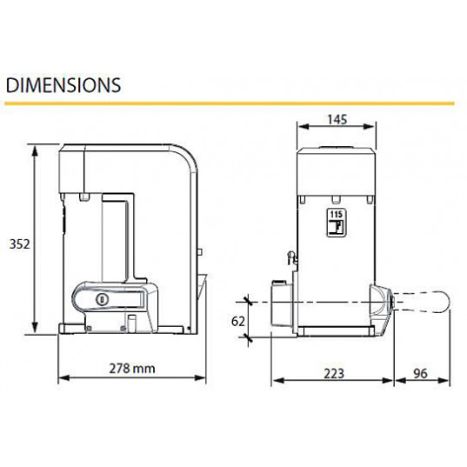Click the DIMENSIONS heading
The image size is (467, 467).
tap(63, 85)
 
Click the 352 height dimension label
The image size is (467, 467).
tap(20, 244)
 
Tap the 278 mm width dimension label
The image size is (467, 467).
tap(132, 369)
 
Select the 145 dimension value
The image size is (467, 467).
tap(337, 119)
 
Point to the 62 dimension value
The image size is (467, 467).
tap(238, 322)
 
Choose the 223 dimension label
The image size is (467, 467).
tap(334, 373)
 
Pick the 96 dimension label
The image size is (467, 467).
tap(420, 373)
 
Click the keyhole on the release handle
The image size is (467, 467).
tap(101, 299)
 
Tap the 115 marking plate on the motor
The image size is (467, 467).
tap(336, 223)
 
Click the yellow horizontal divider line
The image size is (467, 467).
tap(230, 103)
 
